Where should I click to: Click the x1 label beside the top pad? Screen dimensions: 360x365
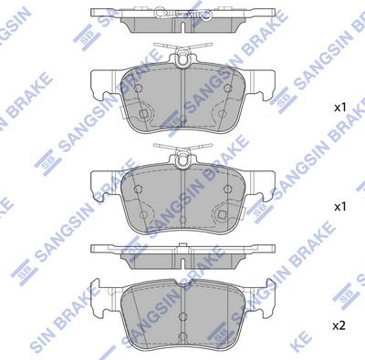[x=341, y=108]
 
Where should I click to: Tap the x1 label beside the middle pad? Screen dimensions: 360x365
[x=341, y=207]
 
